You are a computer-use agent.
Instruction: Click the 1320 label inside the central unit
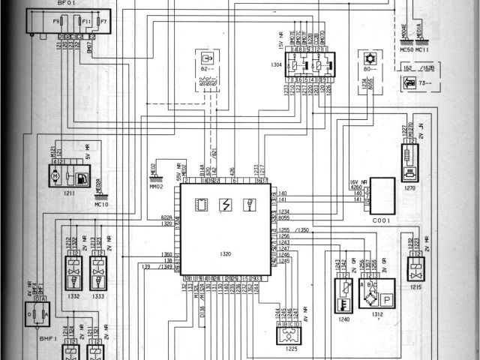point(225,253)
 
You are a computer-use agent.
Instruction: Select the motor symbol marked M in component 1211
point(55,175)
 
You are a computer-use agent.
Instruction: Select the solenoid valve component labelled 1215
point(414,271)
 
